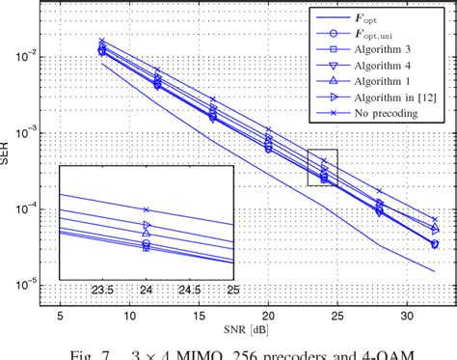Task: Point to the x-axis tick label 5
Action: click(x=60, y=316)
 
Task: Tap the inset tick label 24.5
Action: click(x=190, y=288)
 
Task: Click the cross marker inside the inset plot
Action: click(x=147, y=209)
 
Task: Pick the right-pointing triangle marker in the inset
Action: click(x=147, y=225)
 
